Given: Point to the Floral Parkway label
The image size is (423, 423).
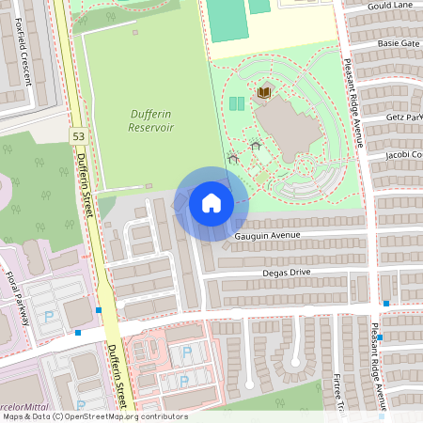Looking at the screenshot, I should (19, 293).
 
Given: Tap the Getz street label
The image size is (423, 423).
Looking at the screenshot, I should (404, 117).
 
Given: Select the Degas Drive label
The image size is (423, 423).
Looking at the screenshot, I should (286, 273).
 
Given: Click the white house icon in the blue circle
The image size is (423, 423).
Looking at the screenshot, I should (211, 202).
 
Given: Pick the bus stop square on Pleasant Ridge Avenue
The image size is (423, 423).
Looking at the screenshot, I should (386, 303).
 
